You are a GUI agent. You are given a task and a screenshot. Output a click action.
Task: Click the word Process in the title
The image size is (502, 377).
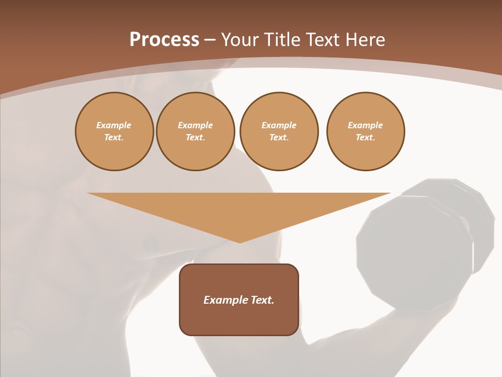pyautogui.click(x=164, y=40)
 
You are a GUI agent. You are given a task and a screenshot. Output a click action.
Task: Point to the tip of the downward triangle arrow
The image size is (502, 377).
pyautogui.click(x=239, y=242)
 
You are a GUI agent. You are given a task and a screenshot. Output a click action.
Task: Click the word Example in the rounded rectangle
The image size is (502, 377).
pyautogui.click(x=226, y=300)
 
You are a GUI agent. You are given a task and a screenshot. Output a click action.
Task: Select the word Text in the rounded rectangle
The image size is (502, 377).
pyautogui.click(x=263, y=300)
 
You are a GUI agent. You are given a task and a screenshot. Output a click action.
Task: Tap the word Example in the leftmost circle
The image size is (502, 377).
pyautogui.click(x=114, y=126)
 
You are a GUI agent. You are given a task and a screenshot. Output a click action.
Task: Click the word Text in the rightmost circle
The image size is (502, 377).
pyautogui.click(x=365, y=138)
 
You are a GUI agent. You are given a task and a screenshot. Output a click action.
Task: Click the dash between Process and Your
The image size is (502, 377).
pyautogui.click(x=210, y=40)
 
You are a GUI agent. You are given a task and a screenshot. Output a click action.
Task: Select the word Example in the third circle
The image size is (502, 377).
pyautogui.click(x=279, y=126)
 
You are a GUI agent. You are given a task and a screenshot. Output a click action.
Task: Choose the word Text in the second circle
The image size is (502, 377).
pyautogui.click(x=195, y=138)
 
